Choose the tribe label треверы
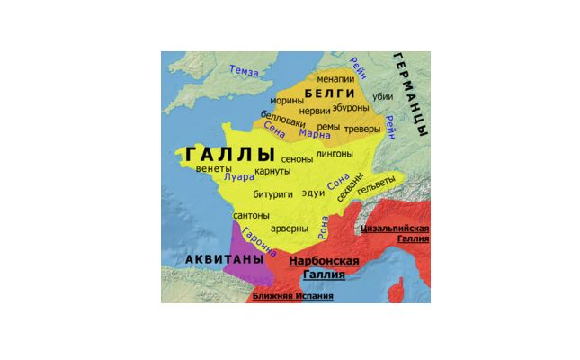(x=363, y=129)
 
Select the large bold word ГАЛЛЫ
(x=229, y=154)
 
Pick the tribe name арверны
(x=290, y=229)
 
